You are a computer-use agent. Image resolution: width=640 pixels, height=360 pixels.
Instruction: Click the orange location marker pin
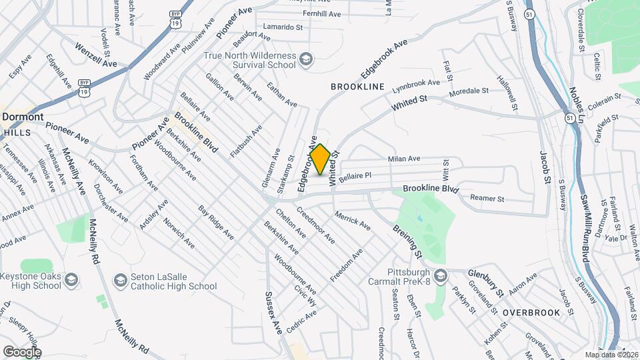click(x=321, y=159)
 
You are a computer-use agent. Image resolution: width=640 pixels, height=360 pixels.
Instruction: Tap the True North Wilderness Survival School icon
click(x=305, y=61)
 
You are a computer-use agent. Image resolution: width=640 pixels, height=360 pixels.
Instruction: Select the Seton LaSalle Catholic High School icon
click(x=121, y=279)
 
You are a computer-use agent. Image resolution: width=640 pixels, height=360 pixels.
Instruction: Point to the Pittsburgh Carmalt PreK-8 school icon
click(x=440, y=275)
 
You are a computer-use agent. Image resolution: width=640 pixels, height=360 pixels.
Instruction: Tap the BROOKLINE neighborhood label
click(x=358, y=87)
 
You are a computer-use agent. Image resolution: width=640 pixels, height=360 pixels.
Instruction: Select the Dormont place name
click(x=23, y=117)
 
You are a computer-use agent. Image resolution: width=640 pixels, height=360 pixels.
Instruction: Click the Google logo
click(x=21, y=351)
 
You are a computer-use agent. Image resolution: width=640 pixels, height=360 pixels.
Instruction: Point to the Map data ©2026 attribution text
click(x=611, y=354)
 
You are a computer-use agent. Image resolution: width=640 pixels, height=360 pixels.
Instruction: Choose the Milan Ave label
click(x=404, y=159)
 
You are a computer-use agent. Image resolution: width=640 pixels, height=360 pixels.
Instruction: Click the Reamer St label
click(x=487, y=199)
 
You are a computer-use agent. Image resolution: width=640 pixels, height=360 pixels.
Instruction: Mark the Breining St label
click(x=407, y=241)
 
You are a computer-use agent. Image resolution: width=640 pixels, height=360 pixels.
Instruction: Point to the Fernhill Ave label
click(x=321, y=14)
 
